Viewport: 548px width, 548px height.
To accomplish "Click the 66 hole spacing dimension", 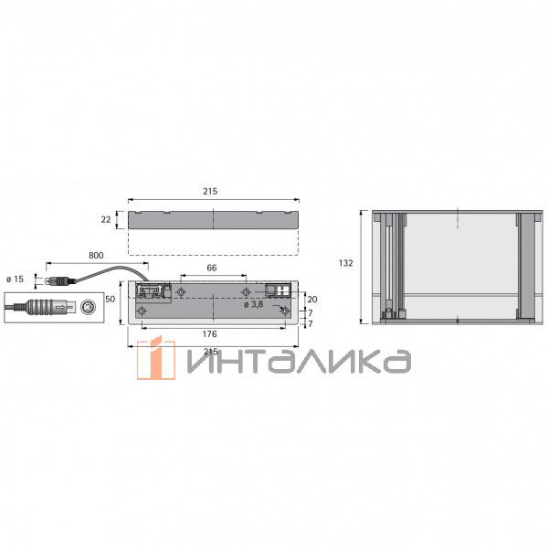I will (x=211, y=268).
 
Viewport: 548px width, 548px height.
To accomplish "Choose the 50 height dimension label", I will (x=111, y=299).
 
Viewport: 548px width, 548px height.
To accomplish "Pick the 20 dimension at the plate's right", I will (x=312, y=298).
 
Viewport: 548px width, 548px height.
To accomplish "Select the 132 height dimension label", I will (x=345, y=263).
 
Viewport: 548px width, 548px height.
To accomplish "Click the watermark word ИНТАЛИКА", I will (x=297, y=362).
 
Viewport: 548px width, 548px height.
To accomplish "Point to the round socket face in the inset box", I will (x=88, y=307).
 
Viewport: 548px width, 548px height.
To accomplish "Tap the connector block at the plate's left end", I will (x=151, y=292).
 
